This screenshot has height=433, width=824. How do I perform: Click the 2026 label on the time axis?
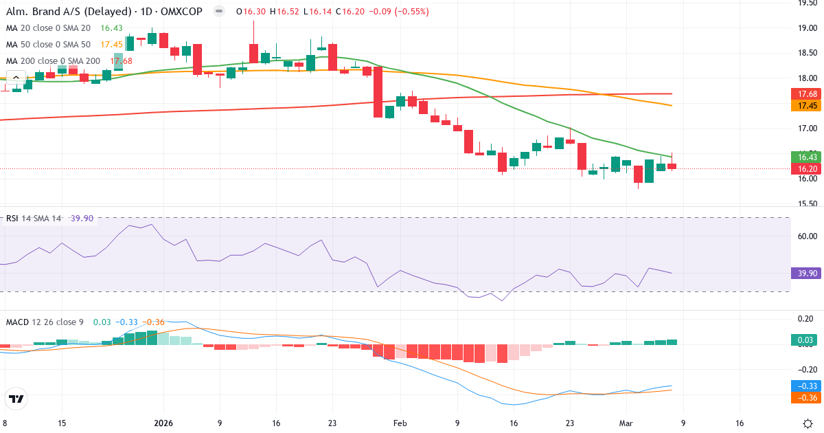[x=163, y=423]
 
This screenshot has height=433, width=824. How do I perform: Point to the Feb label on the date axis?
[x=401, y=423]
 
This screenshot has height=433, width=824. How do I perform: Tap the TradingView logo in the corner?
[x=16, y=398]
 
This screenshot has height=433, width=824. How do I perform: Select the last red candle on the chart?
[x=672, y=166]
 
